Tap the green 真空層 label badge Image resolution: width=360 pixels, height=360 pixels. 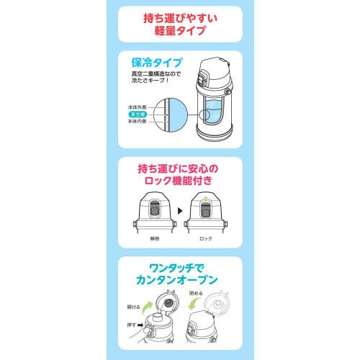(x=136, y=114)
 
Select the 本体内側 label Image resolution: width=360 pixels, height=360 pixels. (x=135, y=121)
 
